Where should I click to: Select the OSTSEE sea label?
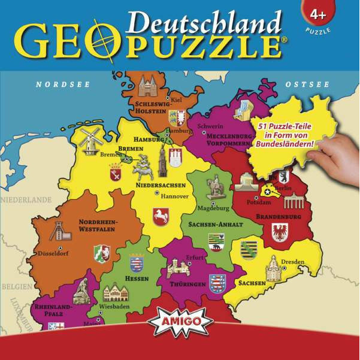tap(307, 84)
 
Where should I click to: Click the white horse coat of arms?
tap(161, 216)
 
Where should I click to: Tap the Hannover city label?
tap(174, 196)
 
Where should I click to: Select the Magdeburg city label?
tap(213, 208)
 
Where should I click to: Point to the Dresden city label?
tap(293, 262)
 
